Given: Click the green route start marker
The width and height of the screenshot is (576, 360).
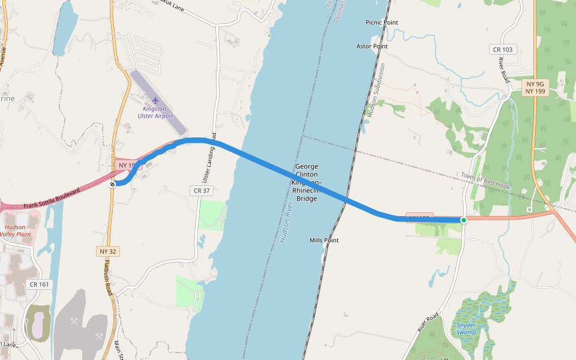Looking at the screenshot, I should [x=464, y=220].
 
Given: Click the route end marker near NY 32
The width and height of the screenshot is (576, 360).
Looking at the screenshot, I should [x=112, y=184].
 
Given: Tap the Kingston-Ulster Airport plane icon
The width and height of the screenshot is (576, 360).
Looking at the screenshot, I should [x=156, y=100].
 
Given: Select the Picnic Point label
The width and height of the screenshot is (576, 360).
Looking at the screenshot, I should [x=382, y=23].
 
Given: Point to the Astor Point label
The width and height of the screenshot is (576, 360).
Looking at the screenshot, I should [x=372, y=46].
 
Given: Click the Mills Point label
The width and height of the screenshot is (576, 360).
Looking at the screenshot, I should [x=324, y=241].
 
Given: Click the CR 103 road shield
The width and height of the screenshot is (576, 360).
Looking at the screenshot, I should [x=502, y=49].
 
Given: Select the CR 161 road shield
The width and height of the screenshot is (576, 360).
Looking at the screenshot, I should [x=38, y=284].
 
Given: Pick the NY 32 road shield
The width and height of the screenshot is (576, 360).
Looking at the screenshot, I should [x=108, y=251].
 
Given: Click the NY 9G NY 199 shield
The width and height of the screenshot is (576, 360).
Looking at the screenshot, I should [x=536, y=88].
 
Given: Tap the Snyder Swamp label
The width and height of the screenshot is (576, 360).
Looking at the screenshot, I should [x=466, y=328].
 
